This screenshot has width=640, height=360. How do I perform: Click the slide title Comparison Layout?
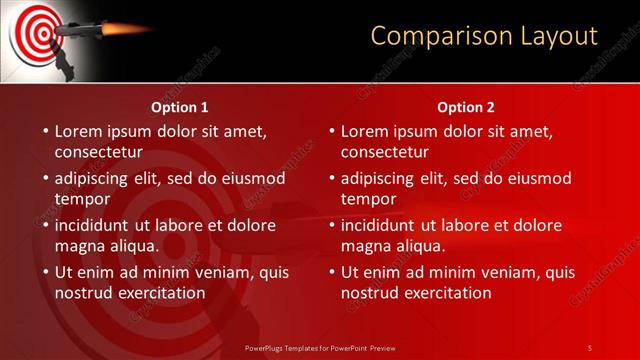(x=484, y=36)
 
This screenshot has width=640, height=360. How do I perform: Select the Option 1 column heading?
(x=180, y=107)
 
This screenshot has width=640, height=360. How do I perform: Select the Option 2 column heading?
(x=466, y=107)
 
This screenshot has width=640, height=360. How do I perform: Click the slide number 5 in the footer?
(x=590, y=347)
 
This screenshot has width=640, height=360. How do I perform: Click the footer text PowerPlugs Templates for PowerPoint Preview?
(x=319, y=347)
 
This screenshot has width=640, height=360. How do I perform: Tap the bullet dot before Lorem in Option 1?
(x=45, y=132)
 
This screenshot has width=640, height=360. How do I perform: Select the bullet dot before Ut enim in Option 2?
(x=331, y=273)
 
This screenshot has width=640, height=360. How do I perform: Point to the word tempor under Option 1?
(x=81, y=199)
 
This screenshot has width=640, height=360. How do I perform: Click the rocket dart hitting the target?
(x=76, y=30)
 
